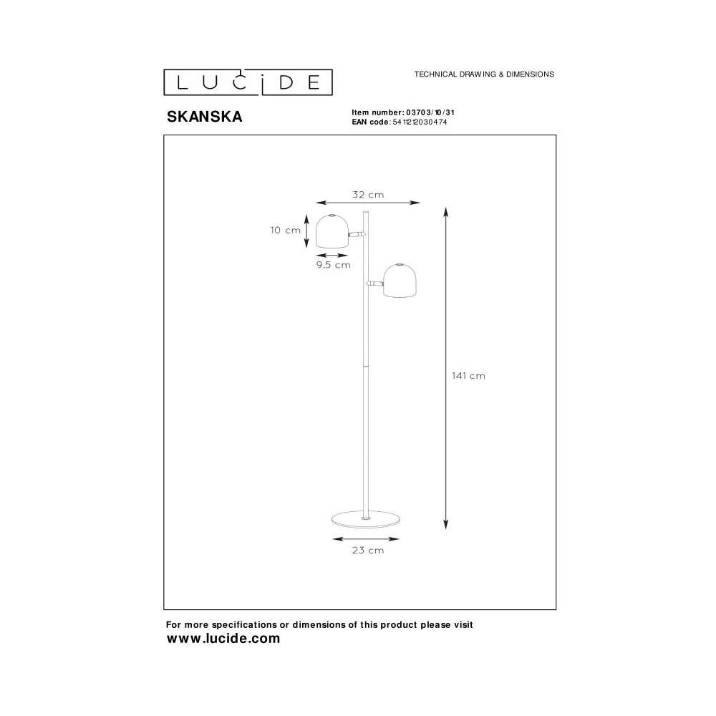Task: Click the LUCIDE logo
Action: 248,82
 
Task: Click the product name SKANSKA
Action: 204,117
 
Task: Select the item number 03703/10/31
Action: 430,112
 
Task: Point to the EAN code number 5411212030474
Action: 420,122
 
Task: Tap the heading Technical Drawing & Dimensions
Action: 484,74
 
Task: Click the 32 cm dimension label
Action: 368,195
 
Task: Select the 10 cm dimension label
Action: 286,230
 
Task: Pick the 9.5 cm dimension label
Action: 334,265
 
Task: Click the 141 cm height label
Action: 468,376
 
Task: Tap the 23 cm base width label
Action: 368,550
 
